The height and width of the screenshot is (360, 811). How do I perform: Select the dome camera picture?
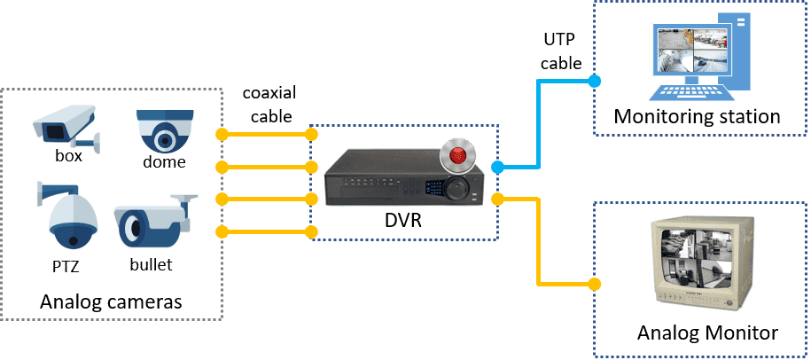point(166,130)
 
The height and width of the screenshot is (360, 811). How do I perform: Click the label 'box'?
point(67,155)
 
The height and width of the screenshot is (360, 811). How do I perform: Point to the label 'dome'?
point(164,161)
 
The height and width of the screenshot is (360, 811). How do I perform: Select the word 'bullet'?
point(151,263)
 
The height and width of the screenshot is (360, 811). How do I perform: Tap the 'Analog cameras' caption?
point(111,301)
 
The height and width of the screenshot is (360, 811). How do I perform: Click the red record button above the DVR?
point(457,156)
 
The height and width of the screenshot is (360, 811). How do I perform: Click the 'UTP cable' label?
point(561,52)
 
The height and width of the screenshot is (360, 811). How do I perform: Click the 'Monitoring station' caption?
point(697,116)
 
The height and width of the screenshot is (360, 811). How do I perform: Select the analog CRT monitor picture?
point(702,263)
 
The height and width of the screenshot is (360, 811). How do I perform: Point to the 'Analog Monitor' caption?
point(706,333)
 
